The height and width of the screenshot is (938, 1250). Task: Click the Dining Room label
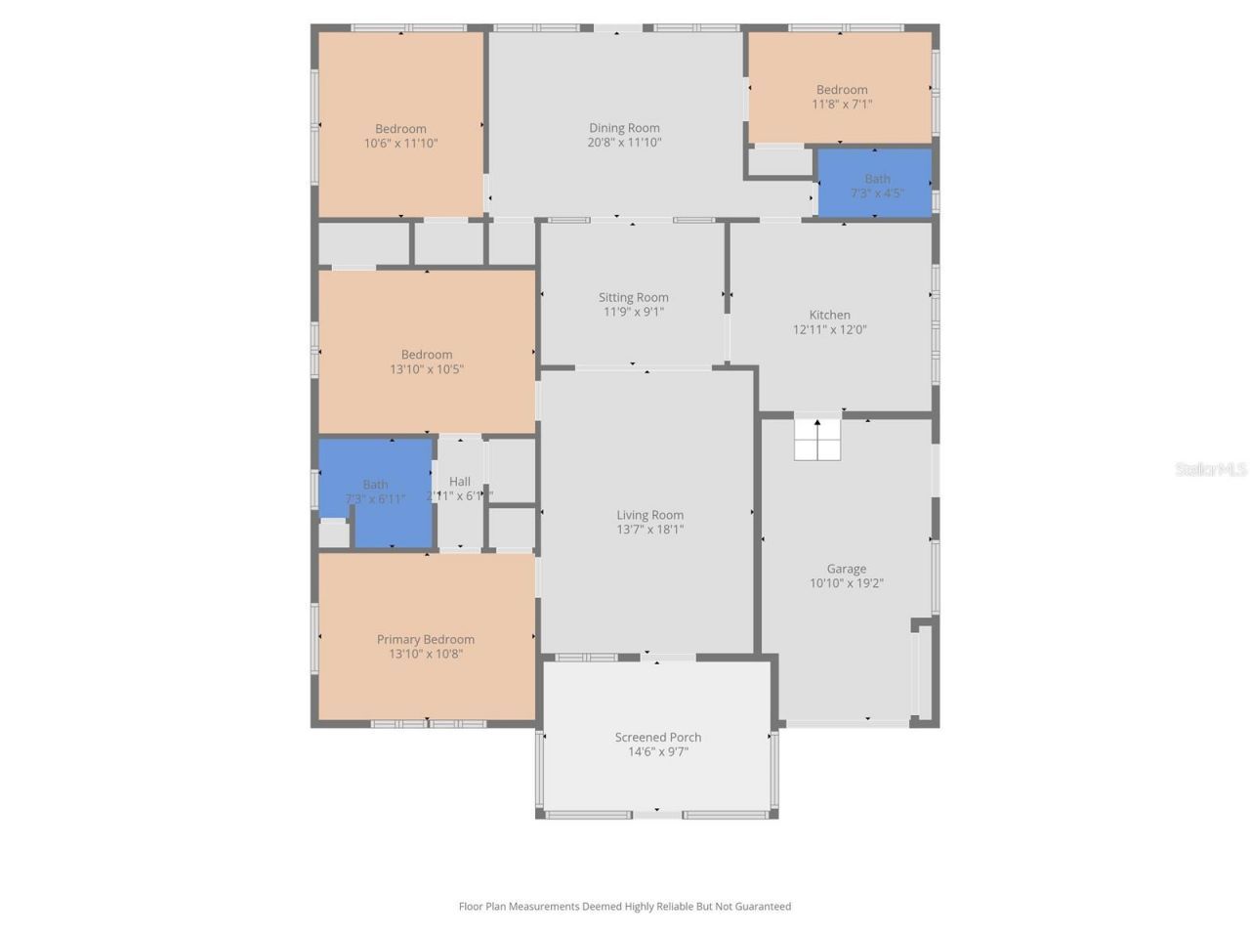624,128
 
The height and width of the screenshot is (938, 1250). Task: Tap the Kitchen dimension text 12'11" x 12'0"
829,330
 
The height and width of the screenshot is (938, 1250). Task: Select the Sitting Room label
634,298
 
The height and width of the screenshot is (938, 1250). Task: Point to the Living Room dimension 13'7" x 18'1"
649,530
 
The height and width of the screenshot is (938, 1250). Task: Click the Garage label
846,569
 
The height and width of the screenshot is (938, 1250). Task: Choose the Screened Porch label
658,738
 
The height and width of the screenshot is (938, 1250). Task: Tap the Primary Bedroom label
426,640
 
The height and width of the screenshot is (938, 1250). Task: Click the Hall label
460,482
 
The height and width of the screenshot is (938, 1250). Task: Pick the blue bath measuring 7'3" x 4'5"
875,183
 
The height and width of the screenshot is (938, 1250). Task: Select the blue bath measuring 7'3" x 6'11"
376,491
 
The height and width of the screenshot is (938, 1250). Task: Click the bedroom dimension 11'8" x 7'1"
842,105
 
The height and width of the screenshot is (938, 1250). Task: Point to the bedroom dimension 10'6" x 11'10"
400,144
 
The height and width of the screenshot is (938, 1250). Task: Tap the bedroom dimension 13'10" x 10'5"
427,369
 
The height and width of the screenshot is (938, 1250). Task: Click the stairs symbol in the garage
817,439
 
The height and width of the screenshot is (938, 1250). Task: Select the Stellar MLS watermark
1211,470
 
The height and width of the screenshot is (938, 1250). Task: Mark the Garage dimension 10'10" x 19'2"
846,583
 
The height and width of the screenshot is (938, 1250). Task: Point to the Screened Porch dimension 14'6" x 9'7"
658,752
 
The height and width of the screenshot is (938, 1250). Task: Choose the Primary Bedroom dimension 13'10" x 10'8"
426,655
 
